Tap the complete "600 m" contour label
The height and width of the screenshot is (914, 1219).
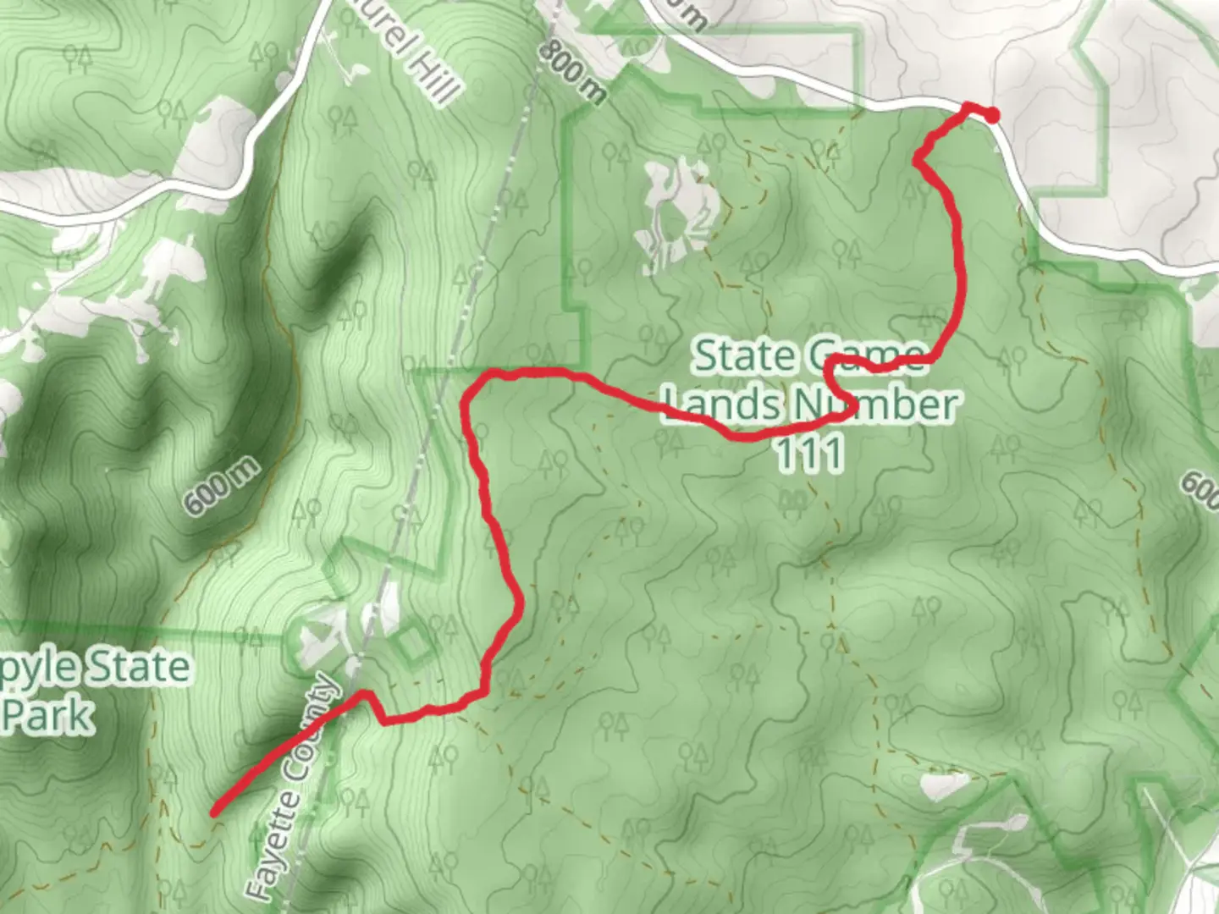(x=221, y=487)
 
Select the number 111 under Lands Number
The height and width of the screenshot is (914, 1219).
(x=809, y=454)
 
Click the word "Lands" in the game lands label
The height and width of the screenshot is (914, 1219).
(x=721, y=405)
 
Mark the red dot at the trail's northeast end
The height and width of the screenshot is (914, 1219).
(x=990, y=115)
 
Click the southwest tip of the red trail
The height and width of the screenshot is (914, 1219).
(x=215, y=812)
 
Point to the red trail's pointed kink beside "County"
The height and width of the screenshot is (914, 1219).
(x=366, y=694)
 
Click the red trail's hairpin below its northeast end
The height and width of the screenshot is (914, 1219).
(x=918, y=159)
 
